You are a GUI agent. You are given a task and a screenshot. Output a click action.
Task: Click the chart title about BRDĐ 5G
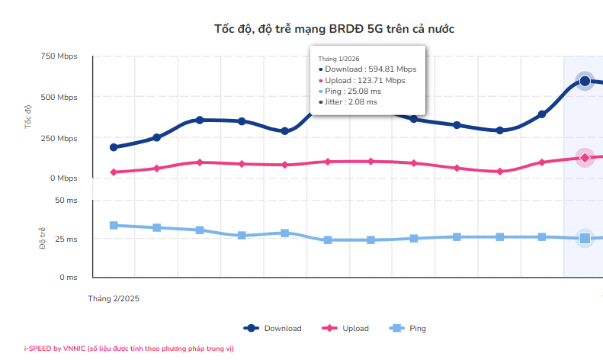(335, 29)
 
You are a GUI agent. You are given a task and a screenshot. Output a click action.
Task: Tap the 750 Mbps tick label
(58, 56)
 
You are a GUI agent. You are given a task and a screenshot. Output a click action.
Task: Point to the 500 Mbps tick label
(58, 98)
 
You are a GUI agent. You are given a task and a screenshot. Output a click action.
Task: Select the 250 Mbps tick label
(58, 139)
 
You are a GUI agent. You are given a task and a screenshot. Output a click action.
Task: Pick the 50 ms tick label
(66, 200)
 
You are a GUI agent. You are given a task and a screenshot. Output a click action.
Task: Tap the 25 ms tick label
(66, 239)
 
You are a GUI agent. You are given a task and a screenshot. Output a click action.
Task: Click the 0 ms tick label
(68, 278)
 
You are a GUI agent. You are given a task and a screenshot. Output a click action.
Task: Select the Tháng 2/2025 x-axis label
(114, 299)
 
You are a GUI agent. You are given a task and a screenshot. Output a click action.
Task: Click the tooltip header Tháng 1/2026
(338, 58)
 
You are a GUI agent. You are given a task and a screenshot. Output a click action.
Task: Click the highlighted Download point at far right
(585, 81)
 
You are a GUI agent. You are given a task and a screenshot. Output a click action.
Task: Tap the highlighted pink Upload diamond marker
(585, 158)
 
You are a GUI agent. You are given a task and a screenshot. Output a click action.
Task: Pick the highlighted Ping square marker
(585, 239)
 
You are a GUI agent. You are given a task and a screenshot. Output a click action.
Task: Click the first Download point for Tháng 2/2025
(114, 147)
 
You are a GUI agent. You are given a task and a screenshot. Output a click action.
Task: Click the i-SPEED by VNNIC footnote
(129, 349)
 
